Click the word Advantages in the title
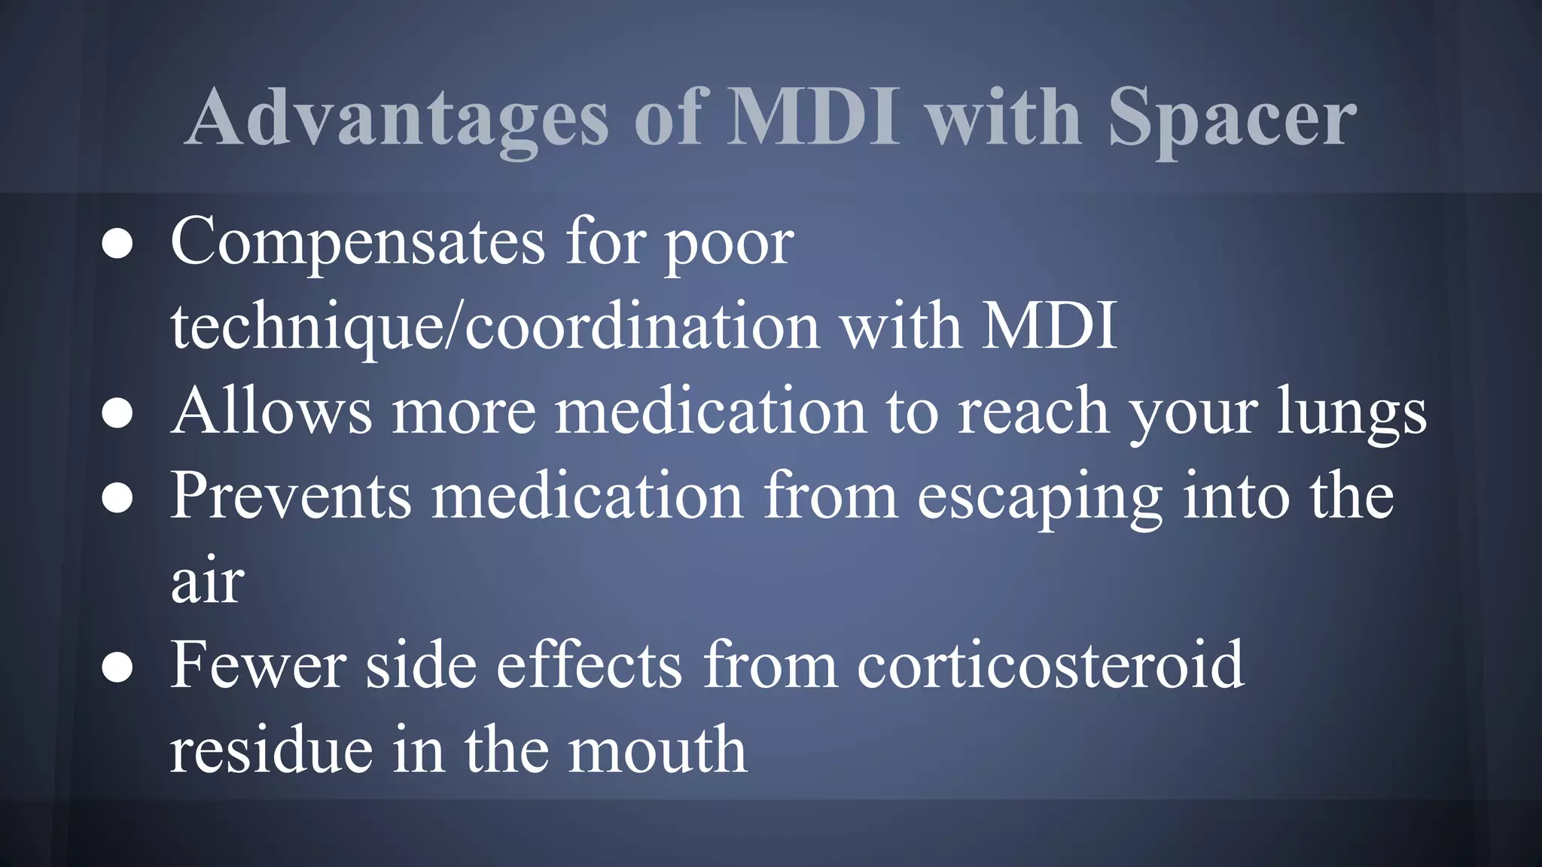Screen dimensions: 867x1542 397,118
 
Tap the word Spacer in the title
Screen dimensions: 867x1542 1232,118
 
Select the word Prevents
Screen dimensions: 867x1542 291,496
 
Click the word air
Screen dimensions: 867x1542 207,582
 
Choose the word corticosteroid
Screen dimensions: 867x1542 1050,665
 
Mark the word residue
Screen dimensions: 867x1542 271,750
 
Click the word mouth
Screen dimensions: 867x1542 657,750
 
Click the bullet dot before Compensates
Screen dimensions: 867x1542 117,244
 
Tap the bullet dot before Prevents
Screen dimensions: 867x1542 117,497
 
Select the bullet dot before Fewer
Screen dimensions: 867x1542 117,667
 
